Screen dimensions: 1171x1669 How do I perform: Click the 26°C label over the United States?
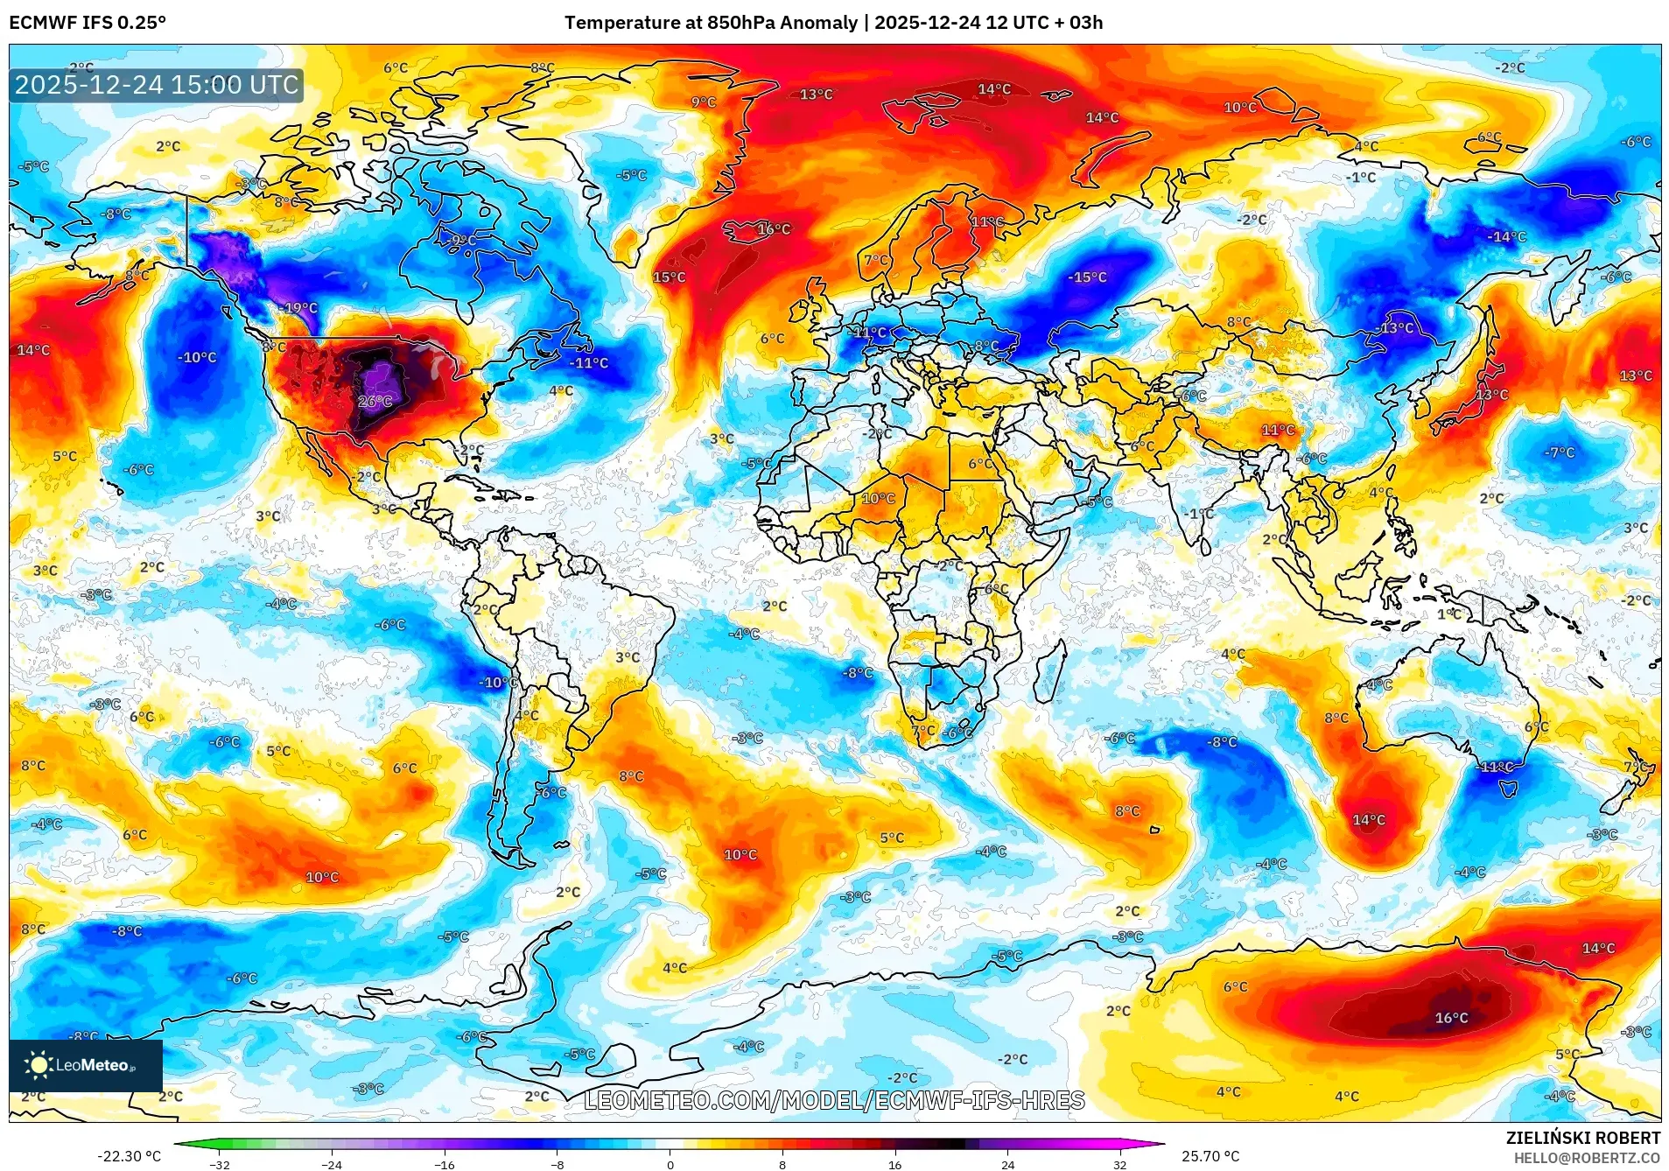click(x=375, y=402)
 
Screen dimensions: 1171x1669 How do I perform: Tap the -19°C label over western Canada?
click(x=299, y=308)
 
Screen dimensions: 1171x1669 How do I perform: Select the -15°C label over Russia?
click(x=1087, y=277)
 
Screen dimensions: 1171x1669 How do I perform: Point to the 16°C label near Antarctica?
click(x=1451, y=1018)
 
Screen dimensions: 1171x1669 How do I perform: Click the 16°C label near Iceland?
click(x=773, y=229)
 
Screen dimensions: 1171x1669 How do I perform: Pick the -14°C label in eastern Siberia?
click(x=1506, y=237)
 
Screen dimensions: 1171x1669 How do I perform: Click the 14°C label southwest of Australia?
click(x=1369, y=820)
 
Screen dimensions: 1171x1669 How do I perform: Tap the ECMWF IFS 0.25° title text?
click(x=88, y=23)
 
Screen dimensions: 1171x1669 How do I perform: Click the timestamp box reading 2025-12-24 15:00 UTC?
click(x=157, y=86)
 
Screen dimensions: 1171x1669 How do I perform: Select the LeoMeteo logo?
click(x=85, y=1065)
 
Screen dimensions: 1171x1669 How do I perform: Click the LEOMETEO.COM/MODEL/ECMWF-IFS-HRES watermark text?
click(x=834, y=1100)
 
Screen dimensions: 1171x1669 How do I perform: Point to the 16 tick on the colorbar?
click(x=894, y=1165)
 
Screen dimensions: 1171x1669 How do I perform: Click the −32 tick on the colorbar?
click(x=219, y=1165)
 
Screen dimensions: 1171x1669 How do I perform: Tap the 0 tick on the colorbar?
click(x=670, y=1165)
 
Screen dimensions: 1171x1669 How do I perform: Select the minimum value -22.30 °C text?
click(x=129, y=1156)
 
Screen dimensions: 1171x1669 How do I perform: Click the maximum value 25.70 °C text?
click(x=1210, y=1156)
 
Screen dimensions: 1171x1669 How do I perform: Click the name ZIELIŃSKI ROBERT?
click(x=1582, y=1139)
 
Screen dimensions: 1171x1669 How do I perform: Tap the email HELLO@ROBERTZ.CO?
click(x=1587, y=1158)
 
